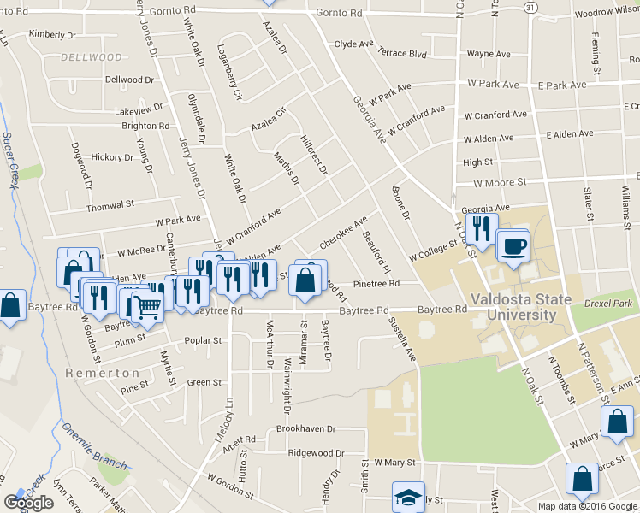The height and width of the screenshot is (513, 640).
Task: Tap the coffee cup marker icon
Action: click(x=513, y=247)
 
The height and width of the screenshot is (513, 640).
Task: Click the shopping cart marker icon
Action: click(x=148, y=307)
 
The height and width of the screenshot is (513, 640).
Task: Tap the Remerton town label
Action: click(x=102, y=374)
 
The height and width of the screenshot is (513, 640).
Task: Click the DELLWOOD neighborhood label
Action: click(x=92, y=57)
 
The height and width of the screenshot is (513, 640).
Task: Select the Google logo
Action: click(x=28, y=503)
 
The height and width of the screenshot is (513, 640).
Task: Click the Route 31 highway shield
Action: click(x=531, y=7)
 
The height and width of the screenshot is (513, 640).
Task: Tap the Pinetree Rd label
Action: click(x=377, y=284)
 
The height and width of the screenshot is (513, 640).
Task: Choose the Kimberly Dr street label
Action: click(x=53, y=34)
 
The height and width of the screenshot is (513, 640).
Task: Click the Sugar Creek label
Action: click(x=11, y=162)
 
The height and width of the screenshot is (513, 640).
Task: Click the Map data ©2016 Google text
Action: click(x=587, y=505)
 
